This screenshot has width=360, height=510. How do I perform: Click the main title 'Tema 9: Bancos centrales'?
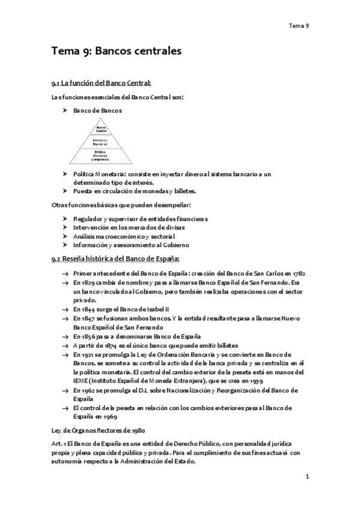[x=116, y=52]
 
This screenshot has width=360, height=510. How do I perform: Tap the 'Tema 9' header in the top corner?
[x=298, y=26]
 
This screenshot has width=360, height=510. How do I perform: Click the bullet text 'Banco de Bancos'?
[x=97, y=111]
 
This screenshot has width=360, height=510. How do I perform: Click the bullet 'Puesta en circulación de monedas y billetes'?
[x=135, y=191]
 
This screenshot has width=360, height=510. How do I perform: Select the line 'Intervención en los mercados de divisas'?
[x=129, y=227]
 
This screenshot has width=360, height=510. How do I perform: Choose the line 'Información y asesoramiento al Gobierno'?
[x=131, y=245]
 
